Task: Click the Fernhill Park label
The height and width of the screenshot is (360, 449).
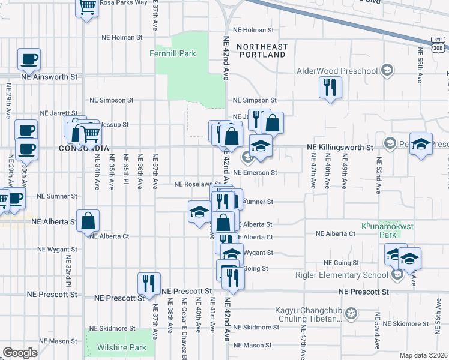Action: coord(173,54)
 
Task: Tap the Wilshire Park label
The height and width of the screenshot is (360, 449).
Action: coord(122,347)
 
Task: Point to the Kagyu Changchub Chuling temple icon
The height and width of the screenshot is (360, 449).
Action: coord(351,314)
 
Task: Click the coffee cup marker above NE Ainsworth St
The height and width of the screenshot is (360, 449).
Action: coord(29,59)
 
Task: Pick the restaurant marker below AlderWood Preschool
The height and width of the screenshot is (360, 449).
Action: coord(330,88)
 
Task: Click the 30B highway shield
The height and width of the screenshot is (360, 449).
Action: coord(439,44)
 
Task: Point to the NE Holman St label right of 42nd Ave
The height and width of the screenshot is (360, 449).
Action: coord(253,29)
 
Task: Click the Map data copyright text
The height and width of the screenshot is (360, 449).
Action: coord(424,355)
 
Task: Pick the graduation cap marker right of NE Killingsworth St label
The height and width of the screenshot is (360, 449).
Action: coord(421,145)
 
